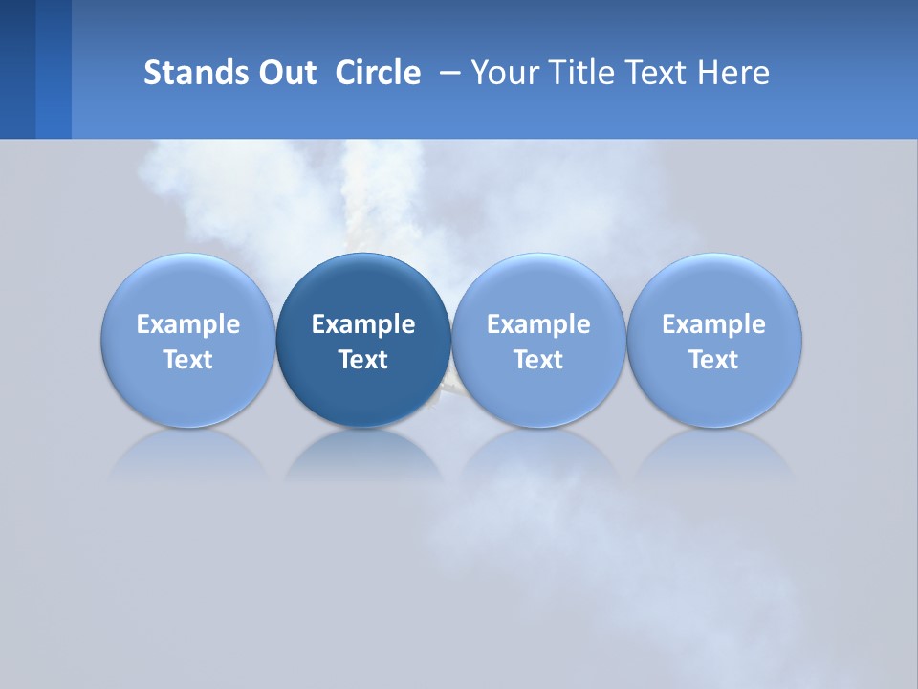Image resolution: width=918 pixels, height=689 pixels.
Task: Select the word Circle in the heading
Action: tap(378, 73)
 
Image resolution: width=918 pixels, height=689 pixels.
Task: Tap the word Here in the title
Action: tap(733, 73)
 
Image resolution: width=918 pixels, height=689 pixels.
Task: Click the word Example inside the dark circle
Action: tap(363, 324)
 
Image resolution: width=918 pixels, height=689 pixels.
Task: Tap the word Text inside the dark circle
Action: tap(363, 360)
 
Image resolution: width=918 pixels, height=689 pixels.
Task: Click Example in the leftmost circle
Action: tap(187, 324)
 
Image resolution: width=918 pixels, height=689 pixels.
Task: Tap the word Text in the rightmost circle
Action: tap(714, 360)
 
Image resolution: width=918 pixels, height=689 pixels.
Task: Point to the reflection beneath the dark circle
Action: tap(363, 454)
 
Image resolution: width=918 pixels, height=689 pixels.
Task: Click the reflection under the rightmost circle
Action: tap(714, 454)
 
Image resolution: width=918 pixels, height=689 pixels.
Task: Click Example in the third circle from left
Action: tap(538, 324)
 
